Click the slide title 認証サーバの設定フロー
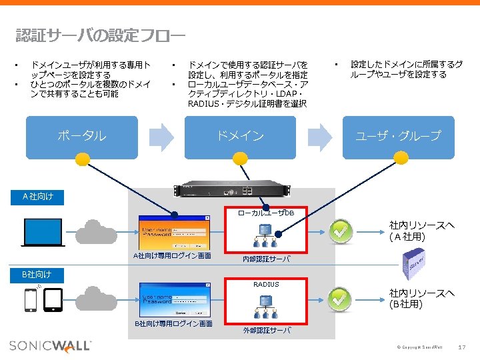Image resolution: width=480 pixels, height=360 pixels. click(x=100, y=35)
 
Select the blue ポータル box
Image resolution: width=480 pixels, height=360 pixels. click(x=81, y=137)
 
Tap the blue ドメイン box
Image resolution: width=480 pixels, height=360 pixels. click(x=240, y=137)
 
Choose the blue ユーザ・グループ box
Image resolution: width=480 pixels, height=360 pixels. click(x=398, y=137)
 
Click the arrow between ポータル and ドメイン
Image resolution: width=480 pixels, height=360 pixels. click(x=160, y=137)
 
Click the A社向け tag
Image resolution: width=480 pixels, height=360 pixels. click(x=38, y=196)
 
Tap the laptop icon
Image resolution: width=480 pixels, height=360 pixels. click(x=43, y=231)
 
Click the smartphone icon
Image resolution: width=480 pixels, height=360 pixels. click(x=31, y=301)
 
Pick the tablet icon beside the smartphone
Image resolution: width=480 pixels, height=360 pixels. click(x=53, y=301)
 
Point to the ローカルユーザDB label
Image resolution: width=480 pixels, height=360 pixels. click(x=267, y=213)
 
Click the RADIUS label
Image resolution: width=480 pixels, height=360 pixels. click(x=266, y=285)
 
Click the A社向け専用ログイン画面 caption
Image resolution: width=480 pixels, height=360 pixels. click(x=173, y=256)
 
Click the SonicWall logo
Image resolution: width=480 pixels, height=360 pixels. click(x=50, y=345)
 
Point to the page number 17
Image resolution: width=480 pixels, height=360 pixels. click(x=463, y=347)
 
